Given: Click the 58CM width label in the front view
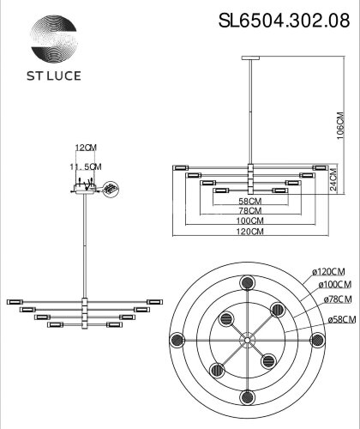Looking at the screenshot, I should [249, 201].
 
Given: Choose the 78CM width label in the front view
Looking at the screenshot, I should [249, 211].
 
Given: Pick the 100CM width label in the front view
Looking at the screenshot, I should [249, 221].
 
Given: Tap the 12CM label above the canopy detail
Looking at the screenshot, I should [87, 148].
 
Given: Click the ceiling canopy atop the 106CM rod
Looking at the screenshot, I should [249, 59].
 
